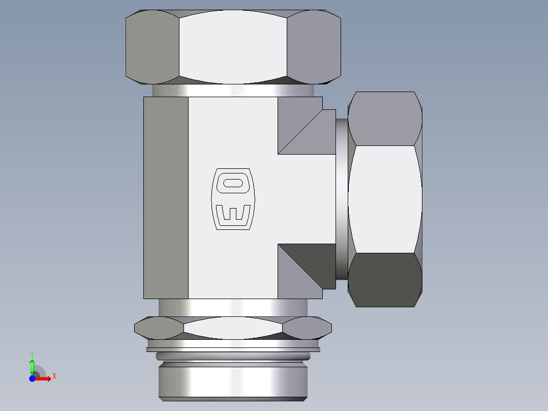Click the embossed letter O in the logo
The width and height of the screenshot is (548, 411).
click(233, 183)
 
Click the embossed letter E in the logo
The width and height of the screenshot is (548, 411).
click(233, 215)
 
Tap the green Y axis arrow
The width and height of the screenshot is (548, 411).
click(32, 365)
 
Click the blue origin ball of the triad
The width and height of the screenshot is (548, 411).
click(32, 378)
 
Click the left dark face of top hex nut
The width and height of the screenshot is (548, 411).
click(151, 47)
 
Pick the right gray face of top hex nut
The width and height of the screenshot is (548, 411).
click(313, 47)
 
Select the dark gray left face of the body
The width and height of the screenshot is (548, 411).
click(166, 197)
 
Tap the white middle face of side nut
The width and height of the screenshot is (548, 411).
click(385, 199)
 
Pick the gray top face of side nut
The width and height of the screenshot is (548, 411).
click(385, 119)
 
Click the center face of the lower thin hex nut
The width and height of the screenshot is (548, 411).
click(233, 328)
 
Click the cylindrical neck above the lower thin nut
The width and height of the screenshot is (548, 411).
click(233, 307)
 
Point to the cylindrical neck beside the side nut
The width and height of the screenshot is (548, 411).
click(342, 199)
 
